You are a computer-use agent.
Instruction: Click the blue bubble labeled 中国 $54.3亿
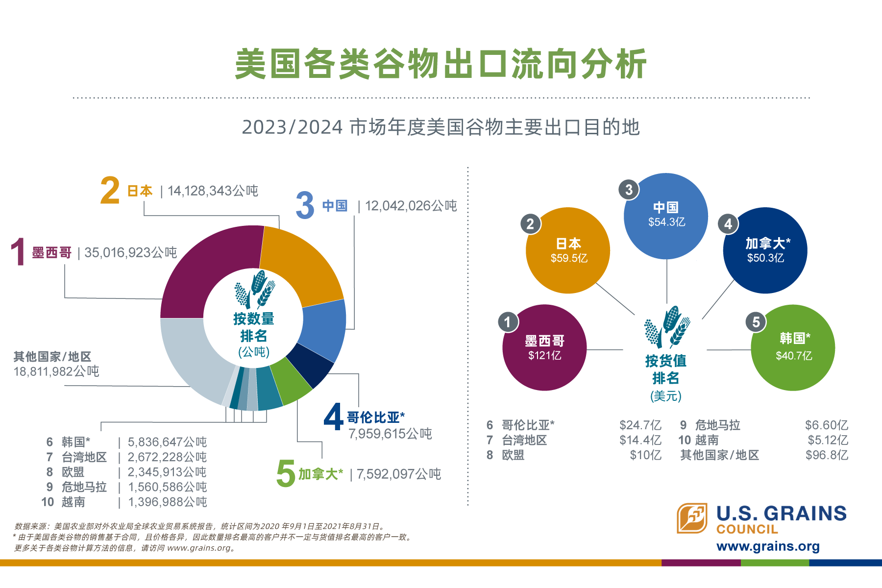tap(666, 216)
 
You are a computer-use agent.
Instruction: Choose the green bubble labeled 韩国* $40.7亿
tap(793, 348)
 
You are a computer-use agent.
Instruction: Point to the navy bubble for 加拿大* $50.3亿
tap(765, 250)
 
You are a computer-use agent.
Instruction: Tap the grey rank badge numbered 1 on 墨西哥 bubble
tap(508, 322)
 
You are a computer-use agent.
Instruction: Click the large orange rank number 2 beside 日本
tap(110, 191)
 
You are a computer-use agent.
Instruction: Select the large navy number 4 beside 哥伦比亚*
tap(334, 416)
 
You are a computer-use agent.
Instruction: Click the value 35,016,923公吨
tap(130, 252)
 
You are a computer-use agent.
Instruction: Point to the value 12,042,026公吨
tap(411, 206)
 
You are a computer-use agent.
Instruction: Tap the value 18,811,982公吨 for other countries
tap(56, 371)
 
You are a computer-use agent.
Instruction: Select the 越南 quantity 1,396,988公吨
tap(168, 502)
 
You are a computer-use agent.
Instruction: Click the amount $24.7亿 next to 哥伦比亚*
tap(640, 425)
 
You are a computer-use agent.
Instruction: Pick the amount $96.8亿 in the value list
tap(827, 455)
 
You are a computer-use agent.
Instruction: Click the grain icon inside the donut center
tap(255, 289)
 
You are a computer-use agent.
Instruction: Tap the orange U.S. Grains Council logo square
tap(692, 518)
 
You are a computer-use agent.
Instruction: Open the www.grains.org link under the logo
tap(768, 546)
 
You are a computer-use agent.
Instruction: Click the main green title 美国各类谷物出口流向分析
tap(441, 64)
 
